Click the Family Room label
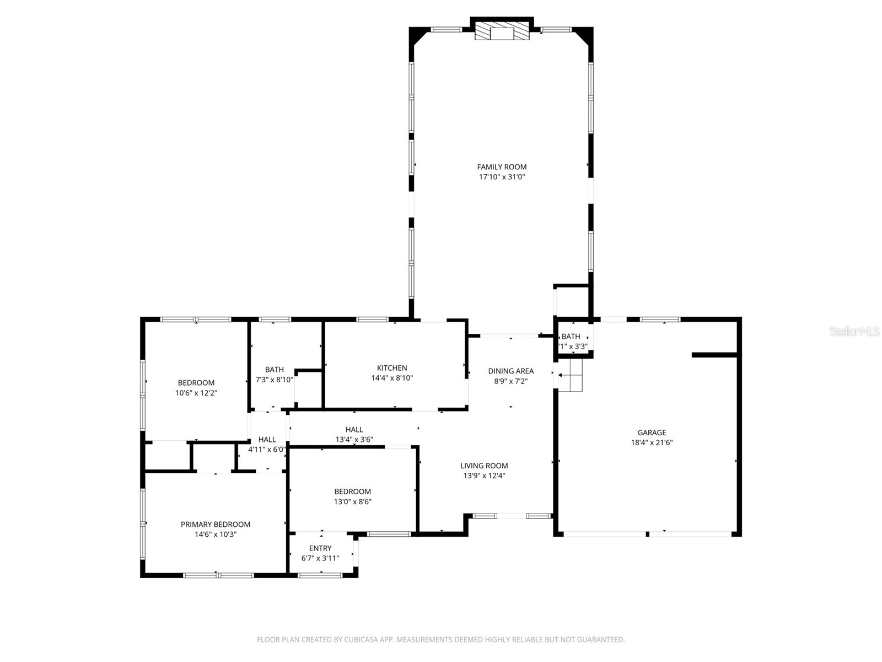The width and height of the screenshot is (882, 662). [x=502, y=167]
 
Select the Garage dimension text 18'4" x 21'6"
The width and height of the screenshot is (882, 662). [x=652, y=442]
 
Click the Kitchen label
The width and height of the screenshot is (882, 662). [x=392, y=368]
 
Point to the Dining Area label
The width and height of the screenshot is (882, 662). [x=510, y=371]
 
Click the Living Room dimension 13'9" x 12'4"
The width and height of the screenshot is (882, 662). [x=484, y=476]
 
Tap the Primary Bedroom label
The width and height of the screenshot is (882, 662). [x=216, y=525]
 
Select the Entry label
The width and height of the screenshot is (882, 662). [x=320, y=548]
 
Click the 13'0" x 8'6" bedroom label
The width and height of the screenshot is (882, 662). [x=352, y=492]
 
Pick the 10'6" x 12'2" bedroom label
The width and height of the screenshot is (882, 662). [x=196, y=383]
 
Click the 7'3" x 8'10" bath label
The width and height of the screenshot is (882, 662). [x=274, y=370]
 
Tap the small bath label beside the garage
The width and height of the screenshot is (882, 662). [x=571, y=337]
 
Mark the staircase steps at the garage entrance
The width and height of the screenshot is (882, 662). [x=571, y=376]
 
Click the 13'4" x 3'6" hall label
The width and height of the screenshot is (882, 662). [x=354, y=430]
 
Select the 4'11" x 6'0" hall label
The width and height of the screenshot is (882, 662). [x=267, y=440]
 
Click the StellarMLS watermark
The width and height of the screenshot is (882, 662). [x=854, y=332]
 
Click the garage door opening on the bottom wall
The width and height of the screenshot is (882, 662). [x=648, y=533]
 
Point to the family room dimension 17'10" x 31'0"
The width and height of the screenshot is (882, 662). [x=502, y=177]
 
